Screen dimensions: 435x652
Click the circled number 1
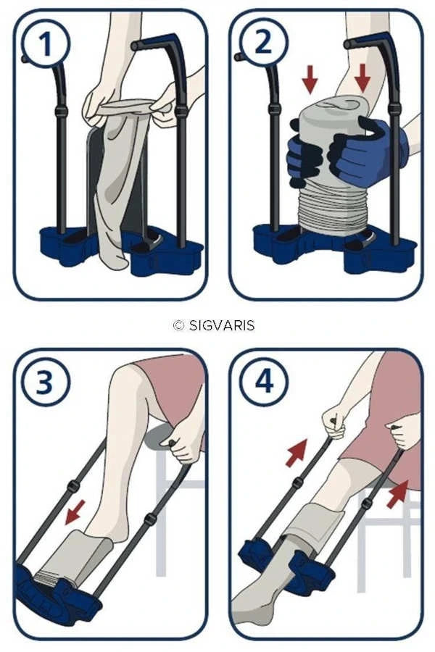[46, 43]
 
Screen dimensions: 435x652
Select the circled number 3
[45, 382]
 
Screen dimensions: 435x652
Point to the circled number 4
[263, 381]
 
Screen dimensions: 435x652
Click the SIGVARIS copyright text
[214, 325]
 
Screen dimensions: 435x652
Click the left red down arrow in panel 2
[310, 78]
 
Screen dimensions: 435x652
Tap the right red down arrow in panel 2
[362, 78]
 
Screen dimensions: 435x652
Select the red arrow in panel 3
[75, 512]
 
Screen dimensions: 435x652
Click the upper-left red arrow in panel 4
[297, 453]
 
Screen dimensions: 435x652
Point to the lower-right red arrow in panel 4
[397, 494]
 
